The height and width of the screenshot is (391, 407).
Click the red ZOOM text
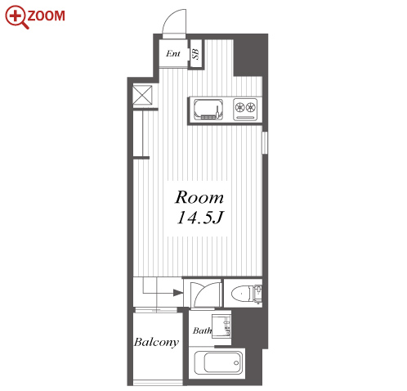47,16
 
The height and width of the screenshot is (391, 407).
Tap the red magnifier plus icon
16,17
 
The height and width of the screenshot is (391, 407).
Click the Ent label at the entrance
173,53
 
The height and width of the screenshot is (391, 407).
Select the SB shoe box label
196,54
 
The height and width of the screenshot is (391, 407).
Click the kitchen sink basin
208,109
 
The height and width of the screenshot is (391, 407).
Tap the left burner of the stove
239,107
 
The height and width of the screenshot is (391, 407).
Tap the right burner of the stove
250,107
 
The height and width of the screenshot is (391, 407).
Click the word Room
199,197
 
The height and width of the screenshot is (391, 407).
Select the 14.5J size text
200,218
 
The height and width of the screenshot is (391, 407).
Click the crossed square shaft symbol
142,95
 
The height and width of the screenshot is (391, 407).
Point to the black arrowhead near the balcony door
178,293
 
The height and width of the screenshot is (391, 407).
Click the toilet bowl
241,294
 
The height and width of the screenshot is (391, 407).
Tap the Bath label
202,330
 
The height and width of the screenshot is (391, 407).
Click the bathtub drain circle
236,363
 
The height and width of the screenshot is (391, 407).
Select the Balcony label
156,342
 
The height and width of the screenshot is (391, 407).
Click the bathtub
218,363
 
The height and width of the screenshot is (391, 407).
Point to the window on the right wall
264,143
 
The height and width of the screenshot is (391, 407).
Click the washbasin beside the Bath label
221,326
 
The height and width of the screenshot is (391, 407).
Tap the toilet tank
257,294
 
